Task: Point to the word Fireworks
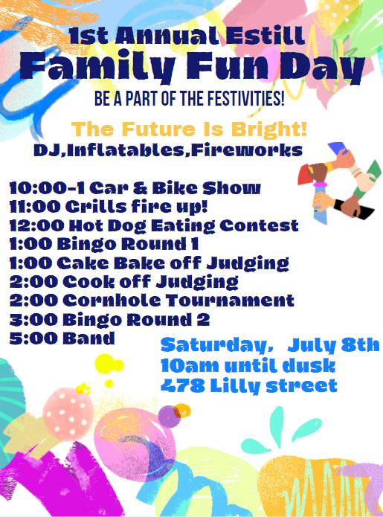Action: point(247,150)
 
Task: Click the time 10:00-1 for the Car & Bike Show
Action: point(47,188)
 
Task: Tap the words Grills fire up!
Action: point(136,207)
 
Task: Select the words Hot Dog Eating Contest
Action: point(184,226)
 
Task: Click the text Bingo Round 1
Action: point(128,244)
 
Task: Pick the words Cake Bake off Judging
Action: point(173,263)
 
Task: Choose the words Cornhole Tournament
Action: point(178,301)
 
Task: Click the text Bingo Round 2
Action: point(136,319)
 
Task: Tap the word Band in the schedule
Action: point(88,338)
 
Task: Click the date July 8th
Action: point(334,345)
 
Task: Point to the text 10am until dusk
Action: point(248,366)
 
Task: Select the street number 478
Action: point(183,385)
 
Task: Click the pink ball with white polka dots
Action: point(68,414)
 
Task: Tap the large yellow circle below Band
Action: point(105,364)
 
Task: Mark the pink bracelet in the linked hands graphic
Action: point(320,184)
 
